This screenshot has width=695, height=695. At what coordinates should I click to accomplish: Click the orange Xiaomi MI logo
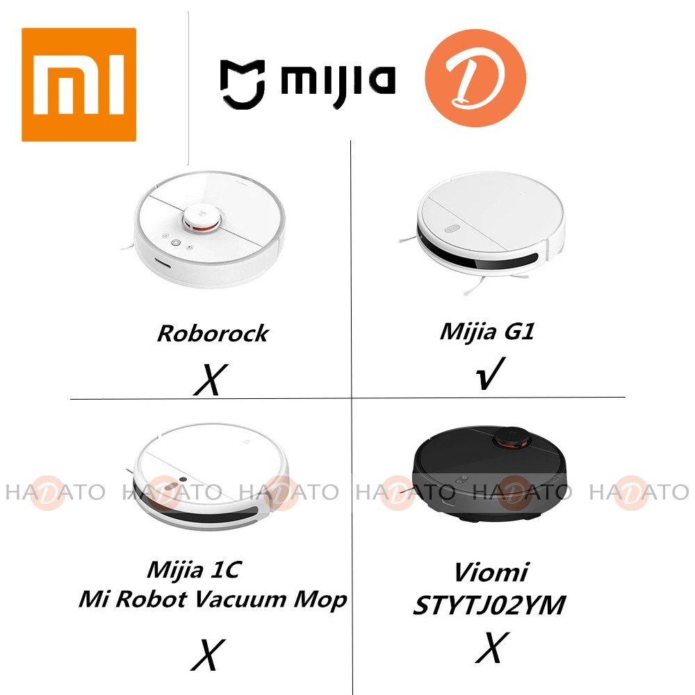pyautogui.click(x=79, y=84)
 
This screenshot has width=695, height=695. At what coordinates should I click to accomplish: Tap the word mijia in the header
pyautogui.click(x=338, y=80)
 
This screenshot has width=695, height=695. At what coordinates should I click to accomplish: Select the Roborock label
pyautogui.click(x=213, y=333)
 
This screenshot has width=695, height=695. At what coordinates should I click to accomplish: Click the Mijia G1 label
pyautogui.click(x=487, y=331)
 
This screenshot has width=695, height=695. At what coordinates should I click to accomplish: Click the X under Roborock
pyautogui.click(x=209, y=379)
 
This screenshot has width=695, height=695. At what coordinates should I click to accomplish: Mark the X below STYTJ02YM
pyautogui.click(x=491, y=648)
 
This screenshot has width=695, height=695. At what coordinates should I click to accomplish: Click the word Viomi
pyautogui.click(x=491, y=573)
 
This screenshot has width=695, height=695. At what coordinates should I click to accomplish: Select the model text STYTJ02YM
pyautogui.click(x=489, y=605)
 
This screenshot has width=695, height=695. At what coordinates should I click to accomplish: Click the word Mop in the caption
pyautogui.click(x=320, y=599)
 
